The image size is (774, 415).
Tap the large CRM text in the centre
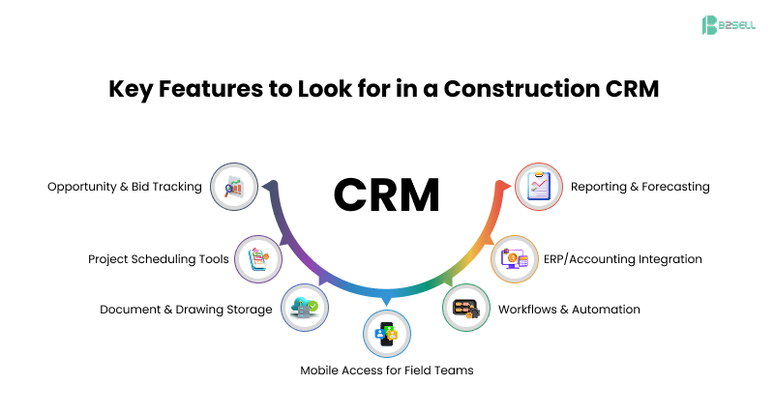click(x=386, y=194)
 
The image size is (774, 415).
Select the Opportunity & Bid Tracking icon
click(x=234, y=187)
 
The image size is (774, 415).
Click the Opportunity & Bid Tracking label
click(x=125, y=187)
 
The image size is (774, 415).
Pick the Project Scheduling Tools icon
click(x=259, y=259)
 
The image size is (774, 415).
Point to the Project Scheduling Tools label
click(x=159, y=259)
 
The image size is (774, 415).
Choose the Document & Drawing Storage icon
click(x=305, y=310)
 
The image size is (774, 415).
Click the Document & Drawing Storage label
click(x=186, y=310)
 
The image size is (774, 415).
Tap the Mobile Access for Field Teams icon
click(x=387, y=335)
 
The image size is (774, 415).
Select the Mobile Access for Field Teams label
click(x=387, y=371)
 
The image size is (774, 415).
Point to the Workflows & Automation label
click(x=569, y=310)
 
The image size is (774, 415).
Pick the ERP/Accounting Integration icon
click(x=515, y=259)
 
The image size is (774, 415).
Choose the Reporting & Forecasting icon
click(x=538, y=187)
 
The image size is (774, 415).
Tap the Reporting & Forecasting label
click(x=640, y=187)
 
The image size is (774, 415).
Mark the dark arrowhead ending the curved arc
click(x=270, y=183)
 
